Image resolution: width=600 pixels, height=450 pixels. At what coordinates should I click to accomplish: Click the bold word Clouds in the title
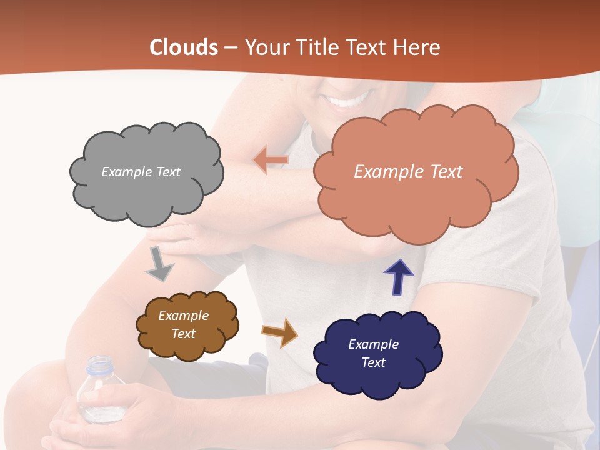click(x=183, y=47)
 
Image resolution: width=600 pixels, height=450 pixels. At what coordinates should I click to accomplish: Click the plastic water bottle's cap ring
click(x=99, y=369)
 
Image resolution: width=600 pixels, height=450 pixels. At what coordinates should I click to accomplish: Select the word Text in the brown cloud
click(x=184, y=334)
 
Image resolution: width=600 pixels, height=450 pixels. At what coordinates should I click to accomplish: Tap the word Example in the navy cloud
click(x=373, y=344)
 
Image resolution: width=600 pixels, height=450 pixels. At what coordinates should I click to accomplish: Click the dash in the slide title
click(x=230, y=48)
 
